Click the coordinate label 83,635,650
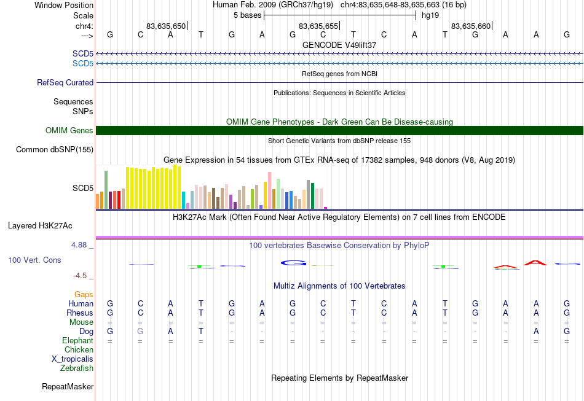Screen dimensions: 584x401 pos(166,26)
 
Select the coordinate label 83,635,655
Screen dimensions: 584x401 pos(318,26)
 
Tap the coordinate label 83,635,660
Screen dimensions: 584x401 pos(471,26)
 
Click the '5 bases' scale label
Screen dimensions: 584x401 pos(247,15)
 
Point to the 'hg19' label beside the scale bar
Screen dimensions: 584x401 pos(430,15)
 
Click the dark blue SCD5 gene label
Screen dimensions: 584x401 pos(83,53)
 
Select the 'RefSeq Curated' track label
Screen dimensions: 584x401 pos(65,82)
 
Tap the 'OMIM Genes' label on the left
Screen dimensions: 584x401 pos(69,131)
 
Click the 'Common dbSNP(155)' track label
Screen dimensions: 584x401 pos(55,150)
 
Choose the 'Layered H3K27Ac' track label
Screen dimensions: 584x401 pos(40,226)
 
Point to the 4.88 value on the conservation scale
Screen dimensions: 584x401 pos(79,245)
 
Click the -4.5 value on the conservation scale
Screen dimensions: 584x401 pos(80,276)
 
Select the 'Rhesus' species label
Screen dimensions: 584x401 pos(80,313)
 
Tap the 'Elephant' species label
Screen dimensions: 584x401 pos(78,340)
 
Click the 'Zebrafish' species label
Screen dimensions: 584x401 pos(77,368)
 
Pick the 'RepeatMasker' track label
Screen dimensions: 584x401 pos(68,386)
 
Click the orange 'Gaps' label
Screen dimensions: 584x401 pos(84,294)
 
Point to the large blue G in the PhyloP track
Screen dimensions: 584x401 pos(293,263)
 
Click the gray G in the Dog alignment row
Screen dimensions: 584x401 pos(140,331)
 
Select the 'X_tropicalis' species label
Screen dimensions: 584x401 pos(73,359)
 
